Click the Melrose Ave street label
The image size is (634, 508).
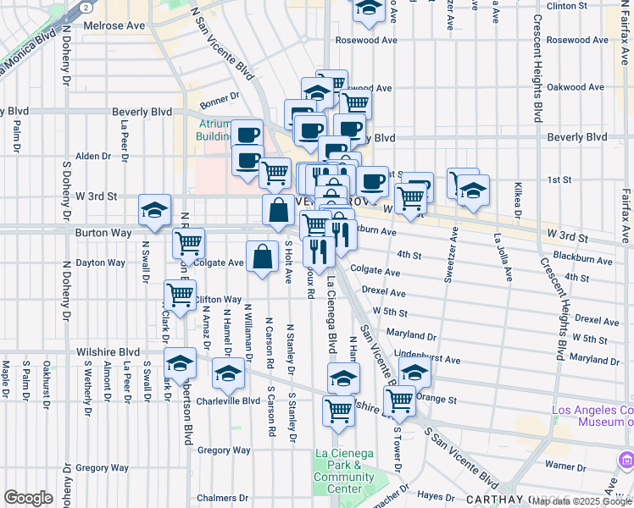coord(114,26)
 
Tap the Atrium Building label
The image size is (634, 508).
coord(215,130)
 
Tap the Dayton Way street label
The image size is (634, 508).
coord(100,262)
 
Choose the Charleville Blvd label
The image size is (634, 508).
coord(228,401)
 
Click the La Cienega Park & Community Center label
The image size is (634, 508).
coord(343,471)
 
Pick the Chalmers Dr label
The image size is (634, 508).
coord(220,498)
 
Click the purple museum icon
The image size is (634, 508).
coord(626,460)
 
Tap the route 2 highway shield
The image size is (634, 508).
coord(86,6)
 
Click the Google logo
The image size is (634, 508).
coord(28,497)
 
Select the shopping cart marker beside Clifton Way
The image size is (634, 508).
coord(180,295)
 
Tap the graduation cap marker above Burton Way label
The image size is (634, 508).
coord(155,211)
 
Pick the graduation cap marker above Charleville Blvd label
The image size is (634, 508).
coord(228,372)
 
